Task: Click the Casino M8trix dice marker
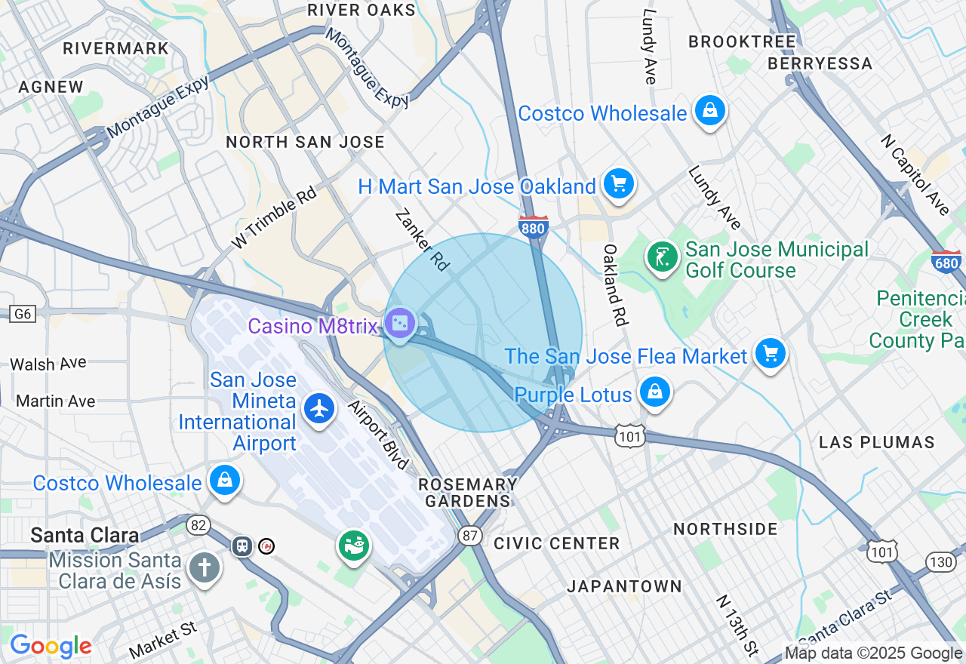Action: click(400, 324)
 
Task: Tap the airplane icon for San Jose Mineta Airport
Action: click(320, 408)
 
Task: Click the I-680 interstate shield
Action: click(946, 262)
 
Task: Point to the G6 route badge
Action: click(23, 313)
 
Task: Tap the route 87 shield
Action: click(470, 535)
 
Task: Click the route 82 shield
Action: click(198, 525)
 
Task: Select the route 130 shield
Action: click(941, 561)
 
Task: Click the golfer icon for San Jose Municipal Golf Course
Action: click(663, 258)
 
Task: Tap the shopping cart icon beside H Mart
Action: click(618, 183)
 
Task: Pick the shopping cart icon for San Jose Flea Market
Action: click(770, 353)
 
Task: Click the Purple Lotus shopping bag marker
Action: click(655, 392)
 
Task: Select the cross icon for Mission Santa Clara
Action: click(204, 567)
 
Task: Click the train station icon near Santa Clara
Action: click(242, 546)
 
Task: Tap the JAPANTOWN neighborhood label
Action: click(624, 586)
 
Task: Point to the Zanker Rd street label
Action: click(422, 239)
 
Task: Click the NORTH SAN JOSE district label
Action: click(305, 142)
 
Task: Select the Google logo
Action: click(51, 646)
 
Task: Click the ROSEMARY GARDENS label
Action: click(468, 492)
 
